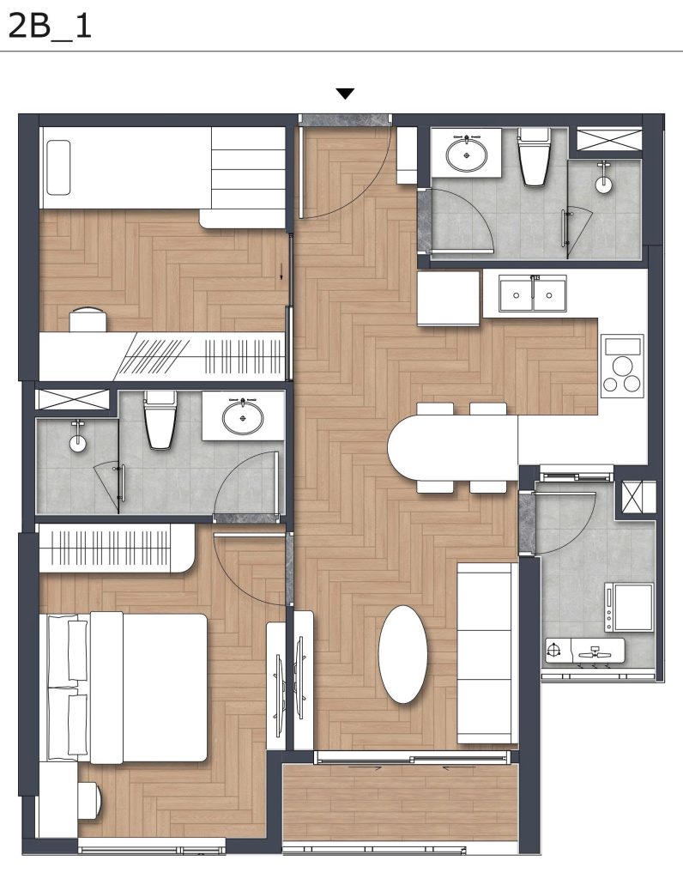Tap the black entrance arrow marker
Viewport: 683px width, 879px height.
point(345,94)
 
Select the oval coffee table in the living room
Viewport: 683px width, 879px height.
point(402,654)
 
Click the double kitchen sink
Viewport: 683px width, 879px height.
point(533,294)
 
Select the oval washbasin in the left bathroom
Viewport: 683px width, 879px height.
point(243,418)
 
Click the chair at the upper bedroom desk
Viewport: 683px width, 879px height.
point(88,319)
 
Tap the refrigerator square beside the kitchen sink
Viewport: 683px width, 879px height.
point(448,298)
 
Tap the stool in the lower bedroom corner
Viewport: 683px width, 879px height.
point(89,799)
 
